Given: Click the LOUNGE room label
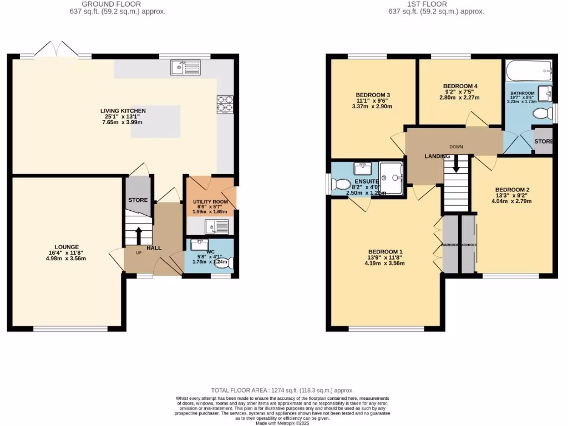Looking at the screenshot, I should [67, 247].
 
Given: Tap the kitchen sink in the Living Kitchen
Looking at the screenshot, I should [185, 68].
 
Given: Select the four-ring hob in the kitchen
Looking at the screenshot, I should [225, 104].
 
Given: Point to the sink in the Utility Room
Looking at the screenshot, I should [216, 226].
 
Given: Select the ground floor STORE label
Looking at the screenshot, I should [138, 200].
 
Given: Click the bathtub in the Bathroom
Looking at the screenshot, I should [529, 70].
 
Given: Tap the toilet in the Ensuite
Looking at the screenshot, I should [340, 184].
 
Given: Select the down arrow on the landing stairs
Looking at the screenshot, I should [457, 163].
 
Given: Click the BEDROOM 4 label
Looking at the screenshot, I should [460, 86].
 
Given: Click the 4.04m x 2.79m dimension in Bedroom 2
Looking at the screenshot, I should [512, 201].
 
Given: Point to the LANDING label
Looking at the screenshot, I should [437, 156].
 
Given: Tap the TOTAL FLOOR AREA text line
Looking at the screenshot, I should [282, 390].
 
